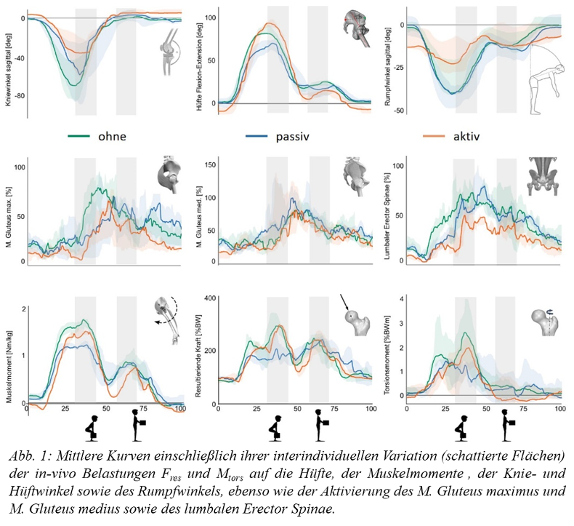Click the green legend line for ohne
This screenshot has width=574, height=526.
(79, 135)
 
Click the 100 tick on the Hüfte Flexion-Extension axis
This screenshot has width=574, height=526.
(211, 15)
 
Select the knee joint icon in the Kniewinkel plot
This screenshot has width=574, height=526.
(171, 48)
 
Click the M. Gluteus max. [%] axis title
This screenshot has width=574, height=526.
(7, 214)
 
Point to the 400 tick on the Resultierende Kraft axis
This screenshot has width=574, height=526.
(211, 298)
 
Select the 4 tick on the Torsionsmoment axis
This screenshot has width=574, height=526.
(399, 298)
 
